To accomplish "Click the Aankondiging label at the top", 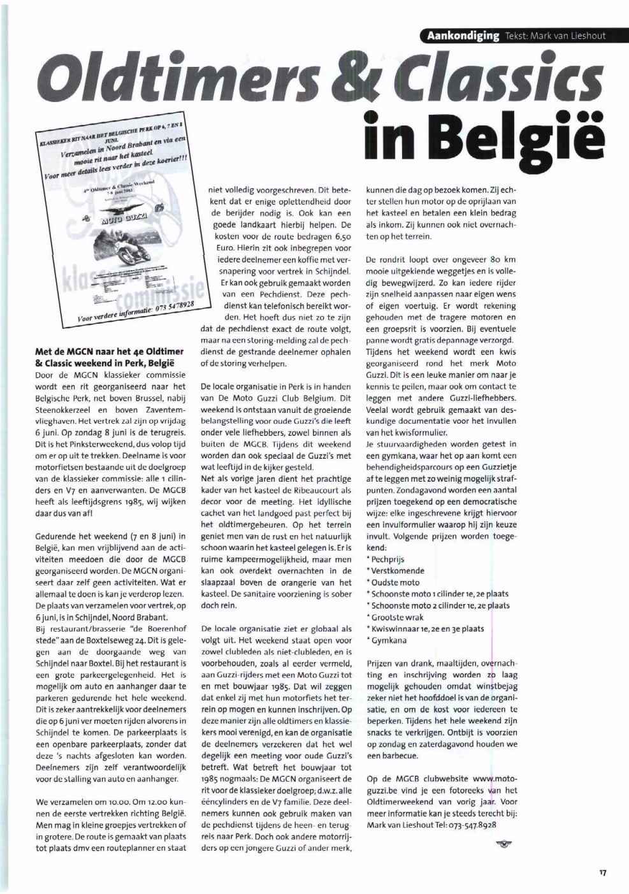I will [463, 35].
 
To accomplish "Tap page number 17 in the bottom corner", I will [602, 873].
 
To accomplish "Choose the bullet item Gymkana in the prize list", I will [389, 640].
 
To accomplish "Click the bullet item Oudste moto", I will [395, 582].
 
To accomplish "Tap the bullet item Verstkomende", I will [398, 570].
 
